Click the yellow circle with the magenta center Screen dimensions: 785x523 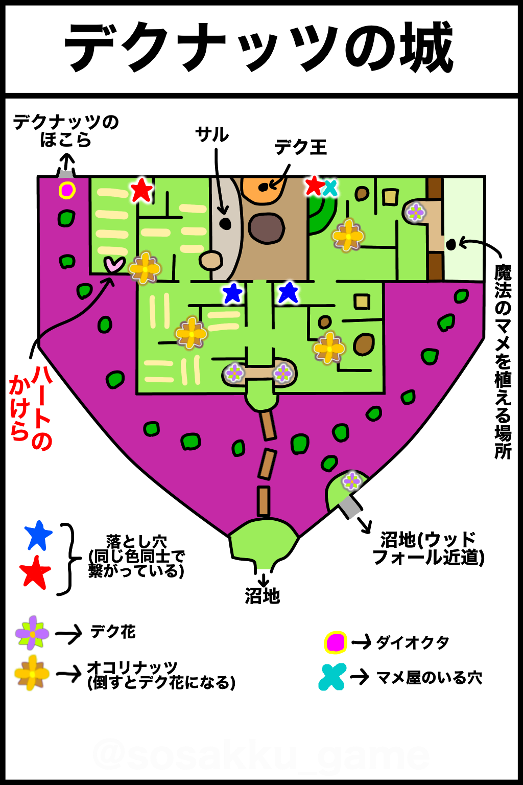tap(67, 190)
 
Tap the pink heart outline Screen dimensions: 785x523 tap(114, 264)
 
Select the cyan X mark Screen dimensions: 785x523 tap(330, 188)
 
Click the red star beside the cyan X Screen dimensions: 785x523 tap(314, 186)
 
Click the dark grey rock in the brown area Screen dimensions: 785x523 tap(266, 228)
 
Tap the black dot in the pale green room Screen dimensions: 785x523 tap(451, 245)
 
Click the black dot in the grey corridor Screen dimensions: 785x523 tap(225, 223)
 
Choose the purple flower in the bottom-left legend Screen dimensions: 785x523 tap(32, 633)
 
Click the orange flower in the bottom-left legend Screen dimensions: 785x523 tap(32, 673)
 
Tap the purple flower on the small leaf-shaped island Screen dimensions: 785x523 tap(351, 481)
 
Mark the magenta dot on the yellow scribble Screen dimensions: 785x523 tap(336, 642)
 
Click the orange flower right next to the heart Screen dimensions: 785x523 tap(145, 268)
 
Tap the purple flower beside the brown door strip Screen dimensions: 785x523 tap(415, 212)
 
